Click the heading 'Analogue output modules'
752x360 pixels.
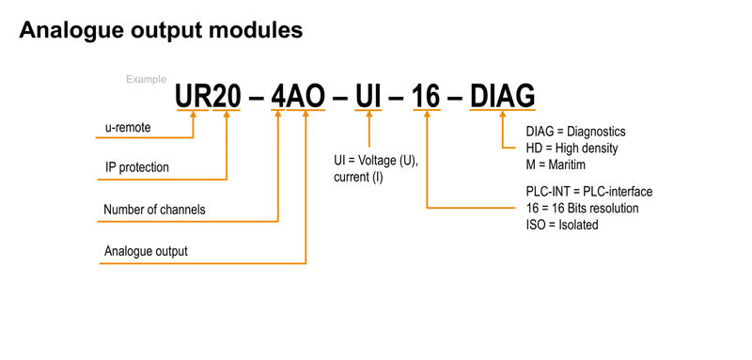[x=161, y=30]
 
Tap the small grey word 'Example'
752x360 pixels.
[x=146, y=80]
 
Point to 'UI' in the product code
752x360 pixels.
[x=369, y=96]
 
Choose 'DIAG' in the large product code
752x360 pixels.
[x=502, y=96]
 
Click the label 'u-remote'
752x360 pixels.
[x=128, y=126]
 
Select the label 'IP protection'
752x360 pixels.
[x=137, y=167]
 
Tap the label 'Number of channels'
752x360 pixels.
[x=154, y=209]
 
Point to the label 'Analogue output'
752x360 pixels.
[x=146, y=251]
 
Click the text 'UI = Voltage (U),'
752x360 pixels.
[x=375, y=161]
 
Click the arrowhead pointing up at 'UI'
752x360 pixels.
[x=369, y=117]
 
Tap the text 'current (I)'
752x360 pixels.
[x=357, y=178]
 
